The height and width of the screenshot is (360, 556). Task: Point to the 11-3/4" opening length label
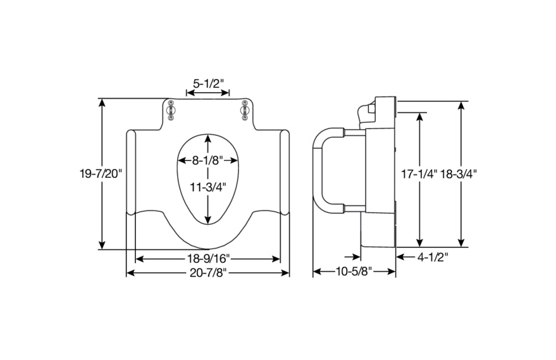coord(207,187)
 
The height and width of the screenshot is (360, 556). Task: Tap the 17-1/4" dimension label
coord(419,173)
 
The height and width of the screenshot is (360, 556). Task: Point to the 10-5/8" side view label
coord(354,272)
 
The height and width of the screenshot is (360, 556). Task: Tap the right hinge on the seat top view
coord(244,110)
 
